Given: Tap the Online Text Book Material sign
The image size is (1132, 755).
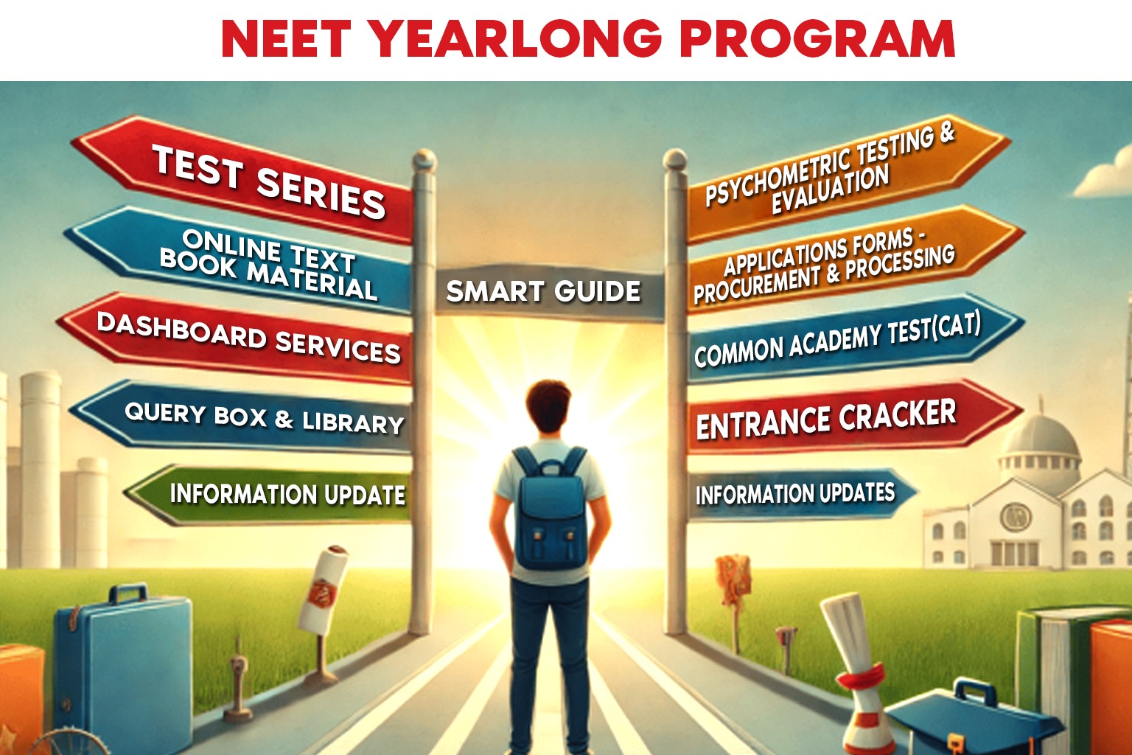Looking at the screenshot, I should click(x=258, y=264).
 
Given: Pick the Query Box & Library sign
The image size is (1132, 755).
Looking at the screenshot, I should click(x=258, y=417).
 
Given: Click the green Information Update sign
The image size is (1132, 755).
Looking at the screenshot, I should click(x=280, y=494).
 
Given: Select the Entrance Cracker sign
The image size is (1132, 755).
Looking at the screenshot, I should click(x=833, y=419).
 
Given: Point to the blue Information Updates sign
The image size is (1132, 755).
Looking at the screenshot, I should click(x=796, y=494).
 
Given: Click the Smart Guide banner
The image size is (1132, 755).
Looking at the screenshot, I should click(x=544, y=292).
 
